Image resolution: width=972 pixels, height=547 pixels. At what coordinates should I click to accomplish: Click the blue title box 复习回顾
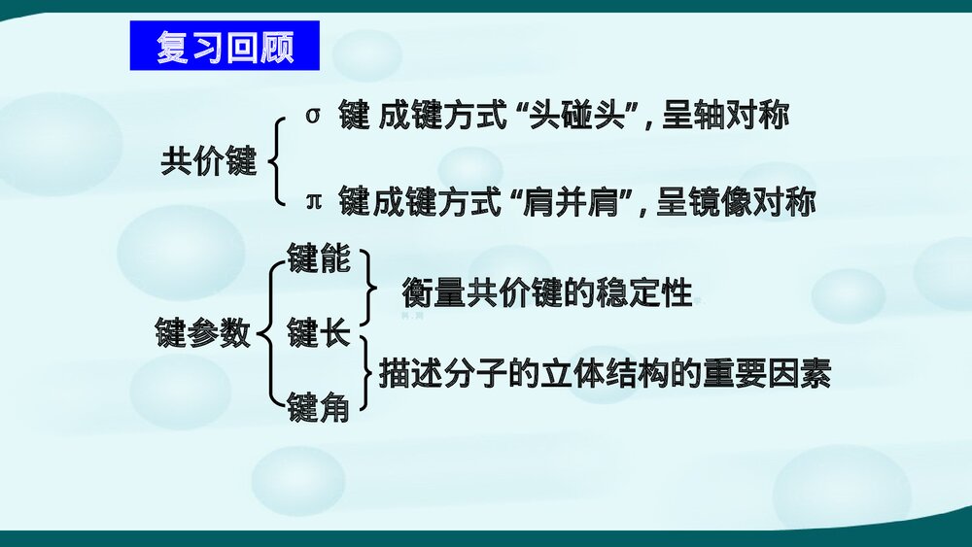click(x=225, y=47)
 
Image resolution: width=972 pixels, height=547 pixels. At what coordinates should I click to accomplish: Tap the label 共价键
click(x=208, y=161)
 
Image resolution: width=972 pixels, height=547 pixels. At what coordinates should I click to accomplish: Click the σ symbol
click(x=312, y=115)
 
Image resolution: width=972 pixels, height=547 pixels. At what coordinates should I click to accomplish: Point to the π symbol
click(x=313, y=201)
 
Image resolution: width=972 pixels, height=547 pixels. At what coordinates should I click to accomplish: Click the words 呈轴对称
click(x=725, y=117)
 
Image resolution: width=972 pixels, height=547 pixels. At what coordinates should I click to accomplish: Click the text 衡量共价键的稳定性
click(x=547, y=293)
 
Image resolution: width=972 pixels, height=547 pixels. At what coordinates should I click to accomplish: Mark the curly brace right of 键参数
click(x=268, y=335)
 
